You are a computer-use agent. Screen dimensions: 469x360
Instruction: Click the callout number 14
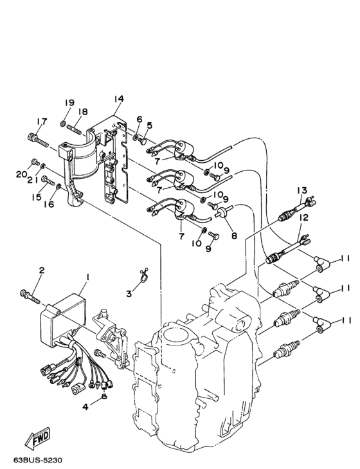pyautogui.click(x=118, y=99)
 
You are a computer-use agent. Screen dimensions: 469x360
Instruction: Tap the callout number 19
pyautogui.click(x=69, y=103)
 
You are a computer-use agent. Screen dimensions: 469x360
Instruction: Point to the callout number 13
pyautogui.click(x=302, y=190)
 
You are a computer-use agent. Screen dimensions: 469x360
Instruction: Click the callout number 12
pyautogui.click(x=303, y=218)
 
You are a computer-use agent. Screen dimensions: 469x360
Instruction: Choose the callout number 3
pyautogui.click(x=129, y=293)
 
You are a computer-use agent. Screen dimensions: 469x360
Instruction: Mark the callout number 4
pyautogui.click(x=85, y=407)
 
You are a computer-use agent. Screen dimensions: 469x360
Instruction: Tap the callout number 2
pyautogui.click(x=40, y=270)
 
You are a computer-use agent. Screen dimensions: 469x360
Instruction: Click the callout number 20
pyautogui.click(x=21, y=174)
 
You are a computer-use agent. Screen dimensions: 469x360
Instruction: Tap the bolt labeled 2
pyautogui.click(x=31, y=296)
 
